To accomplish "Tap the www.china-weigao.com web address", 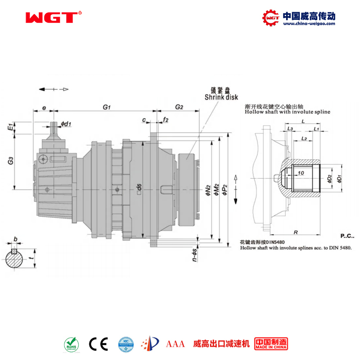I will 308,24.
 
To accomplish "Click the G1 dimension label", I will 107,107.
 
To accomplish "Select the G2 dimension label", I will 179,107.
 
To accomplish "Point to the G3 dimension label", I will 10,161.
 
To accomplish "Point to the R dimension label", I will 295,232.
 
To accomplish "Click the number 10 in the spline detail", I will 301,172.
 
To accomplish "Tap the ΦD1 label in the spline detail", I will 339,178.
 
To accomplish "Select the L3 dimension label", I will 290,129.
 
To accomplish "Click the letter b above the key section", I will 15,239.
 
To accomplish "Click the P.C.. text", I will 347,235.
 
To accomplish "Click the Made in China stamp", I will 271,344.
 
